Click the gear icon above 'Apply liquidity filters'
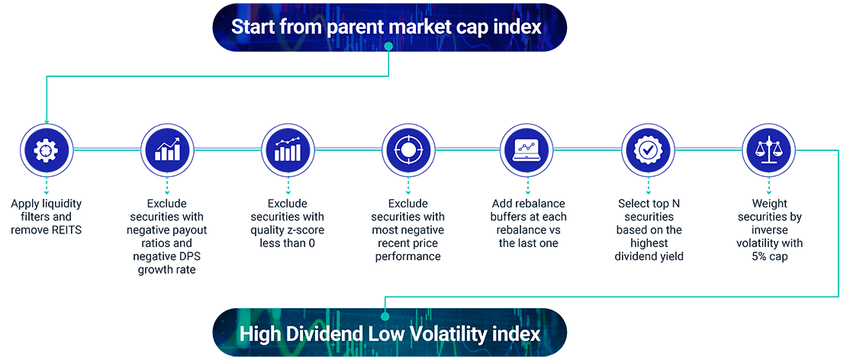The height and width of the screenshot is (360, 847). tap(46, 149)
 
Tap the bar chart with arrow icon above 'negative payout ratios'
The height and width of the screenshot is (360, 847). tap(167, 149)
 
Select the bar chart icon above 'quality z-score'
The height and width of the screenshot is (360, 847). tap(288, 149)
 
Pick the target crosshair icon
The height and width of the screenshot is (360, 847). tap(407, 149)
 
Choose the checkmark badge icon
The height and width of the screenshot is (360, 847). tap(647, 149)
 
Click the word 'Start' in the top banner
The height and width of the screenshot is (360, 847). tap(252, 27)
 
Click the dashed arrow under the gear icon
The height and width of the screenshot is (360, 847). tap(46, 185)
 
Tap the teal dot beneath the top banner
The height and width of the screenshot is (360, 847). tap(388, 47)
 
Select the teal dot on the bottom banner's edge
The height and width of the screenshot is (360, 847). tap(385, 315)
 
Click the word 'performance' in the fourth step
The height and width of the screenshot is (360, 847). tap(407, 256)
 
